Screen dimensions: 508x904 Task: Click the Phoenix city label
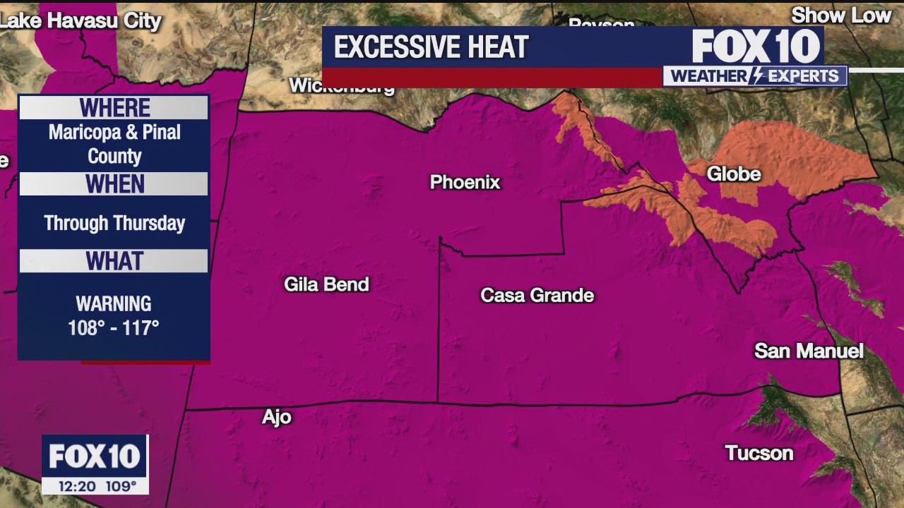(x=465, y=182)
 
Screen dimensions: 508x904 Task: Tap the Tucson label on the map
(x=759, y=453)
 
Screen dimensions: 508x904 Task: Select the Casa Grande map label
(x=537, y=295)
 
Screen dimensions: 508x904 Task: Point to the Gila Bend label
(x=326, y=284)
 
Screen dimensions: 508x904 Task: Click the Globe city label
(x=734, y=174)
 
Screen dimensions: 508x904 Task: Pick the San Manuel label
(x=809, y=351)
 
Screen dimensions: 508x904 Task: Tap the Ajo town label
(x=277, y=417)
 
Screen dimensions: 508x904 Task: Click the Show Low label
(x=841, y=16)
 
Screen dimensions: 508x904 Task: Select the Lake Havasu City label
(x=81, y=20)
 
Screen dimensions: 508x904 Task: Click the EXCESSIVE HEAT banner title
(x=431, y=47)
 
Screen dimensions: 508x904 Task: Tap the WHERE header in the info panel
(x=114, y=108)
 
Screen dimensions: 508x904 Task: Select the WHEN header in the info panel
(x=114, y=184)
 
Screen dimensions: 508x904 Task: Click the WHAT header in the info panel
(x=114, y=261)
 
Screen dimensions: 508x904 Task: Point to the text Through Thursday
(x=114, y=223)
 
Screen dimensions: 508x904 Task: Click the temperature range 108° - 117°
(x=114, y=327)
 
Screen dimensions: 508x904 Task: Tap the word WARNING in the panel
(x=114, y=304)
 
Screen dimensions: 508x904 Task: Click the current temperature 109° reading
(x=120, y=486)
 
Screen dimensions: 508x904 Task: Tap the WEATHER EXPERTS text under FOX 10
(x=754, y=76)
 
